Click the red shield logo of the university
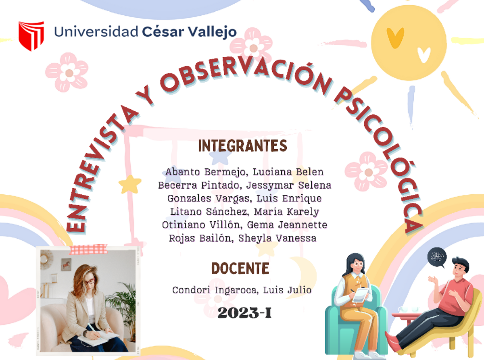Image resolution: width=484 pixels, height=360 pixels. click(x=31, y=35)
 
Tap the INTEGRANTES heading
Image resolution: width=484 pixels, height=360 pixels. click(x=242, y=146)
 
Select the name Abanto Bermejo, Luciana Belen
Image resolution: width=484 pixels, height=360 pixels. click(x=244, y=172)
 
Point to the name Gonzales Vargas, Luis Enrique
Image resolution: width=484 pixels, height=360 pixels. click(x=244, y=199)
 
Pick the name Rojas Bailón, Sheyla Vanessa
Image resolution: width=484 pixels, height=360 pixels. click(x=243, y=238)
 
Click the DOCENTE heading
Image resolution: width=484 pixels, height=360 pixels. click(x=240, y=268)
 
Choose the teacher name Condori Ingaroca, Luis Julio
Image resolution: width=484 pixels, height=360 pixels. click(x=242, y=290)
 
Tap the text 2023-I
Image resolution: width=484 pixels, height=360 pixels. click(x=244, y=313)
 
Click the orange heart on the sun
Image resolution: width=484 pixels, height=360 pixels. click(x=395, y=37)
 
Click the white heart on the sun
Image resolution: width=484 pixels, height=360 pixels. click(x=423, y=55)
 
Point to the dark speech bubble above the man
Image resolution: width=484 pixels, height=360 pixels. click(x=437, y=257)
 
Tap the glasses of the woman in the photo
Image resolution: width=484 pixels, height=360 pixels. click(x=89, y=281)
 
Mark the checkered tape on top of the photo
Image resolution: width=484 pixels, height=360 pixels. click(x=88, y=250)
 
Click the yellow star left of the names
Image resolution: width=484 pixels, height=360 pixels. click(x=130, y=184)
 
